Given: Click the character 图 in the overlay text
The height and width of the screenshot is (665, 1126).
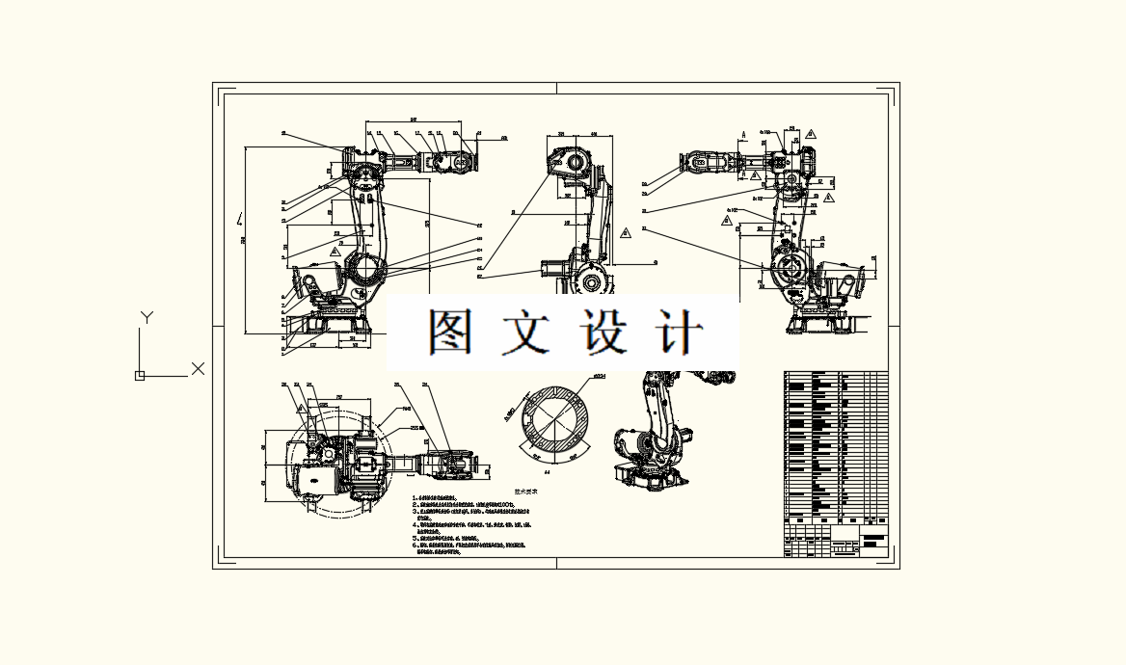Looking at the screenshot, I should click(448, 332).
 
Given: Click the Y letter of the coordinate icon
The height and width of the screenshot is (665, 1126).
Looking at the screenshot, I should click(147, 317).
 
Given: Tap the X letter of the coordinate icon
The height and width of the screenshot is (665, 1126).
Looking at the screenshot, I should click(198, 368).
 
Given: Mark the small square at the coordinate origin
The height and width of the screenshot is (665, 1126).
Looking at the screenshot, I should click(140, 376).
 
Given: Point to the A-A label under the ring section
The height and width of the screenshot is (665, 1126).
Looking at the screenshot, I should click(547, 473).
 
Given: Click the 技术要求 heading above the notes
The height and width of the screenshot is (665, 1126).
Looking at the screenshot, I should click(524, 491).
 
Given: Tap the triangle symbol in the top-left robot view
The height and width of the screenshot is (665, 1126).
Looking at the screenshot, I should click(335, 252).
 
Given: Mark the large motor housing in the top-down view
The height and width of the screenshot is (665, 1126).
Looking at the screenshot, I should click(318, 477).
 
